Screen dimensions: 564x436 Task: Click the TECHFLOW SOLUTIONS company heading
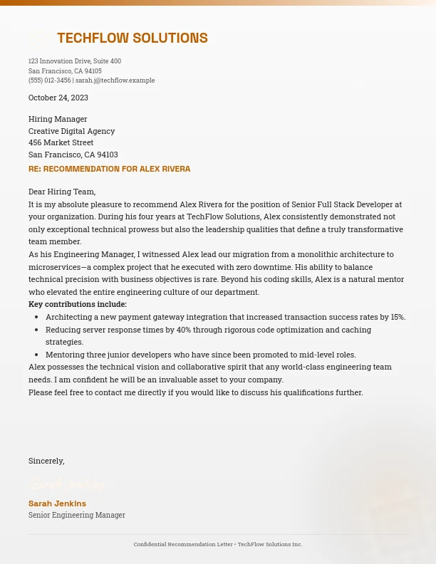point(132,38)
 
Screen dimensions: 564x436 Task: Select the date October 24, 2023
point(58,98)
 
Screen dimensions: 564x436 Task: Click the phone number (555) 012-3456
point(49,80)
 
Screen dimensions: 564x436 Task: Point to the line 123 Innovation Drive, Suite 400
point(75,61)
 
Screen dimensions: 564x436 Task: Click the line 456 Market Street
point(61,142)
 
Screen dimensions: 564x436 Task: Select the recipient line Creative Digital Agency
point(71,131)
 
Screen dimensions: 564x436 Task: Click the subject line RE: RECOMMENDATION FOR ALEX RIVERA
point(109,169)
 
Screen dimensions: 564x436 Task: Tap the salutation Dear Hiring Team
point(62,192)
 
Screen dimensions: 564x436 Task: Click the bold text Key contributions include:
point(78,304)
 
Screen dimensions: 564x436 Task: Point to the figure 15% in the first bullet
point(398,317)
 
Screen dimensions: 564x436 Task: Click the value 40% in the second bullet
point(184,330)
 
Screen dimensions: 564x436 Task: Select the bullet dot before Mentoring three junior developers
point(36,355)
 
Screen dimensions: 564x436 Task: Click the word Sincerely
point(46,461)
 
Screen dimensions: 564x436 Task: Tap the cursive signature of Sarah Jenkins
point(67,485)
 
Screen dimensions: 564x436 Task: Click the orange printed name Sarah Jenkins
point(57,503)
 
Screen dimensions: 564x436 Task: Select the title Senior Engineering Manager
point(77,515)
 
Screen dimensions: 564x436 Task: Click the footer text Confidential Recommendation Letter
point(183,544)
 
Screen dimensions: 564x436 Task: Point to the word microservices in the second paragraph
point(54,267)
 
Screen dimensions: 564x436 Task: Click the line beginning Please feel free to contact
point(195,392)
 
